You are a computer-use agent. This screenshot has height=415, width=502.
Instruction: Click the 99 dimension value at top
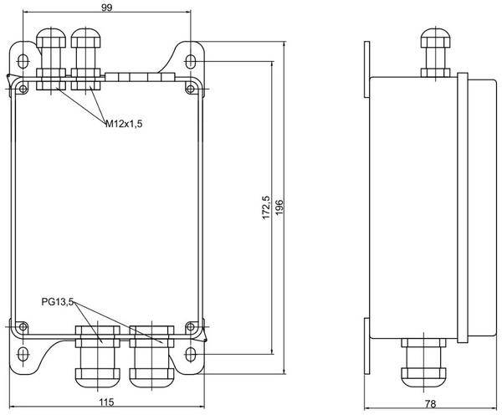click(x=106, y=7)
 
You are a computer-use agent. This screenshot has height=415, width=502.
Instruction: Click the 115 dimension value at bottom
click(x=106, y=403)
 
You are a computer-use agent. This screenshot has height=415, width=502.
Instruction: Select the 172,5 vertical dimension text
click(x=264, y=206)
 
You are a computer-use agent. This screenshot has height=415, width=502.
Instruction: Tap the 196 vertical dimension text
click(x=279, y=206)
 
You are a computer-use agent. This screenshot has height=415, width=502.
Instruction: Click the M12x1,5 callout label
click(x=124, y=124)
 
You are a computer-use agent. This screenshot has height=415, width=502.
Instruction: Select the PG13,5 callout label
click(x=58, y=301)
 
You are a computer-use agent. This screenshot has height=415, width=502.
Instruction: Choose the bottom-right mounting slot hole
click(x=192, y=352)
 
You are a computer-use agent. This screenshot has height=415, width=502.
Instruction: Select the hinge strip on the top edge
click(x=138, y=77)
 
